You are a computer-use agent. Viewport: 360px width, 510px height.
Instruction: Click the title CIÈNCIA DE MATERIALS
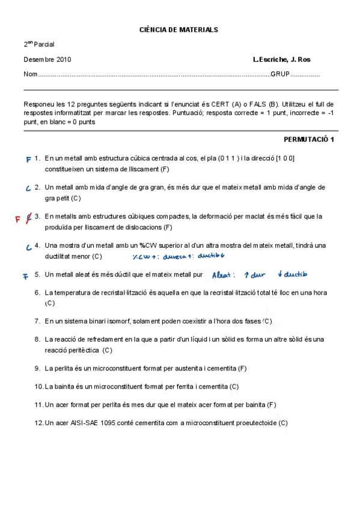pos(178,29)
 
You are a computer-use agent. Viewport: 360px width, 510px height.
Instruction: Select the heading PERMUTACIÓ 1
pos(308,140)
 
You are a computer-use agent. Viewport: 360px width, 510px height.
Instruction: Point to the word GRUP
pos(280,75)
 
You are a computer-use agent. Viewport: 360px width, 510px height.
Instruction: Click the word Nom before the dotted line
pos(30,75)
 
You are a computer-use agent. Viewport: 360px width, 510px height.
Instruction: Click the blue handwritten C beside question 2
pos(28,188)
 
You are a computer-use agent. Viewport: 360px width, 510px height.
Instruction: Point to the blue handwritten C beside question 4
pos(28,247)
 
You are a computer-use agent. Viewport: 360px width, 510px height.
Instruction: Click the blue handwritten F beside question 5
pos(25,277)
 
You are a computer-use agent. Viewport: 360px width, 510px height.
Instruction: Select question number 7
pos(37,321)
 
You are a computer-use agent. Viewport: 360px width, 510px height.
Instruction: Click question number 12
pos(38,423)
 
